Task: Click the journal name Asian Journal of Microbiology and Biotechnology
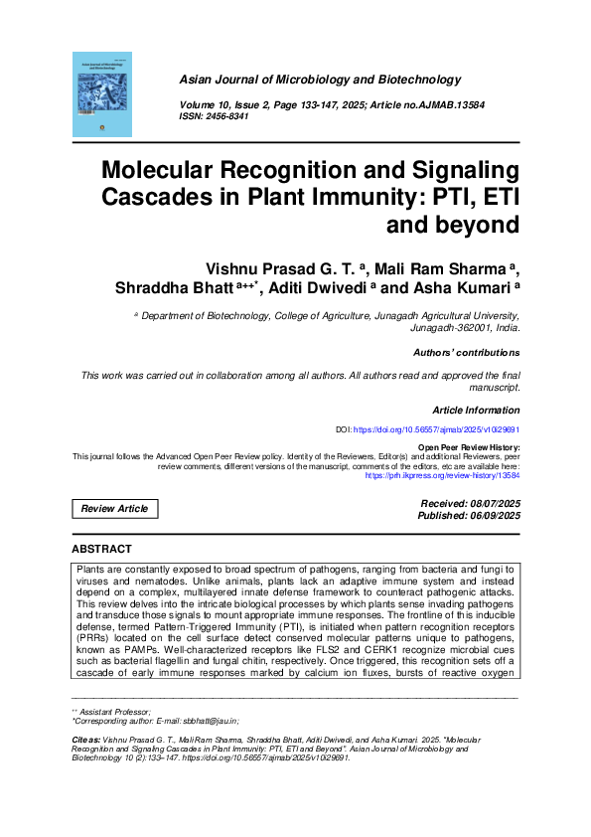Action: (319, 80)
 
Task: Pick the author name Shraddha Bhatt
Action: (176, 288)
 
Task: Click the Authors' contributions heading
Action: (465, 353)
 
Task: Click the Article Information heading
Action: (476, 411)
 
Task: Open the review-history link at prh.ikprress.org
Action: (443, 476)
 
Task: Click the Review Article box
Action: (114, 509)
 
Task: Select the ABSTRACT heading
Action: (102, 549)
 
